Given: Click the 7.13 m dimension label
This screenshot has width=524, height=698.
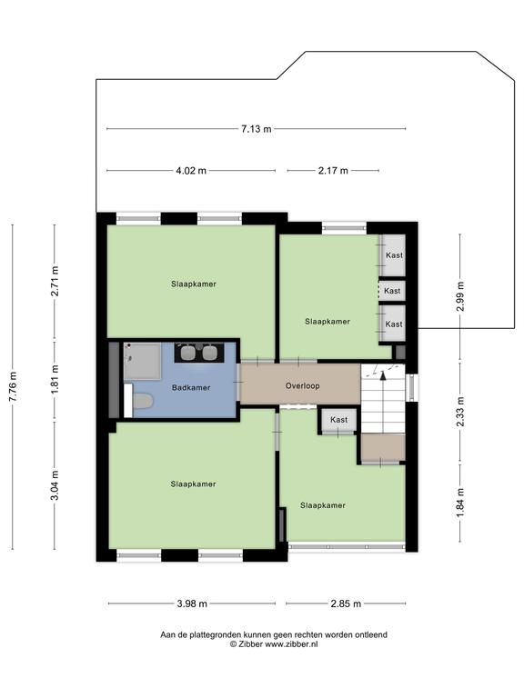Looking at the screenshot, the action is point(257,129).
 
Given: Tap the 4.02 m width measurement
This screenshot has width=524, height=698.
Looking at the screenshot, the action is point(191,171).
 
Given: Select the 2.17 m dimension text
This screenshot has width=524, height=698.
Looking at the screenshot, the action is point(333,171).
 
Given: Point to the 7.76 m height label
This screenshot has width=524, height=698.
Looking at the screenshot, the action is point(13,386).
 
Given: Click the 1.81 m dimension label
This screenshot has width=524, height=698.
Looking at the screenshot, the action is point(55,379).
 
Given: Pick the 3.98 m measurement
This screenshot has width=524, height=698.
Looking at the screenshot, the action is point(192,604).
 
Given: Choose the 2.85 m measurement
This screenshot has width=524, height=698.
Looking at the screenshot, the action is point(346,604).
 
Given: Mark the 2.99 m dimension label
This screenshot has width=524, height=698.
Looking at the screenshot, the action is point(460,296).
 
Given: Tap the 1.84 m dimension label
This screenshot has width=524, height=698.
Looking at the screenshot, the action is point(460,503).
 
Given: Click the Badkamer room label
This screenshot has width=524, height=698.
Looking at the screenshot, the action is point(191,388).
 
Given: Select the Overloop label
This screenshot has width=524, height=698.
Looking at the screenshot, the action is point(303,386).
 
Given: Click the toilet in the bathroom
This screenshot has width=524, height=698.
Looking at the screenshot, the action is point(143,401).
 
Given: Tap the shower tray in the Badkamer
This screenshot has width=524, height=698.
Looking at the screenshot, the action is point(142,361).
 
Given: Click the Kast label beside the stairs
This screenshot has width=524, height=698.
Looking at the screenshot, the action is point(339,420).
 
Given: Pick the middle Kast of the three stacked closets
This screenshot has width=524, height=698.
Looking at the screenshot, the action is point(392,291).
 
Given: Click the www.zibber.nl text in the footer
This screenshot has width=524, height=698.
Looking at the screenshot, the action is point(291,644).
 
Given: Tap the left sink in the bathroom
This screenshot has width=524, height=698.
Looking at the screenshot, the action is point(187,353).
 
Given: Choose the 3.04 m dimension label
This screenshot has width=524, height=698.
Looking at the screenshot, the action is point(55,485).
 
